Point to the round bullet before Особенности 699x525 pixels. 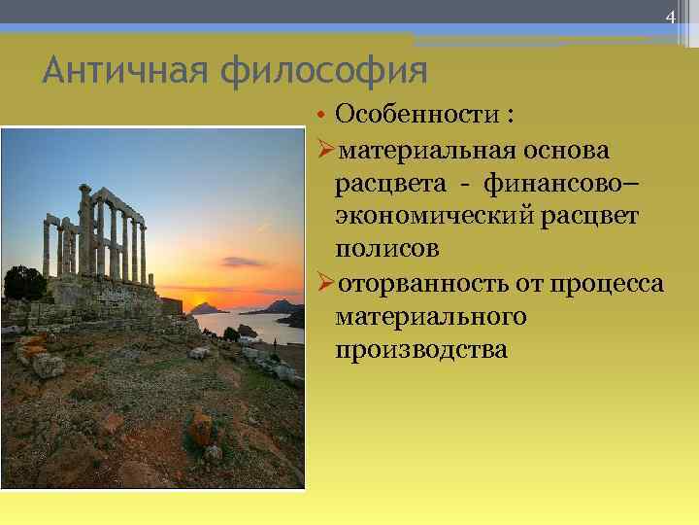point(324,116)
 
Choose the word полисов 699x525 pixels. point(386,249)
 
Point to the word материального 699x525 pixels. point(431,316)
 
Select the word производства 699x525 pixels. point(420,348)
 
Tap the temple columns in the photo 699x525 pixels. point(107,233)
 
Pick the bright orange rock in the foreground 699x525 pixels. point(201,429)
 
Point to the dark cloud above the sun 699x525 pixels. point(242,262)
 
